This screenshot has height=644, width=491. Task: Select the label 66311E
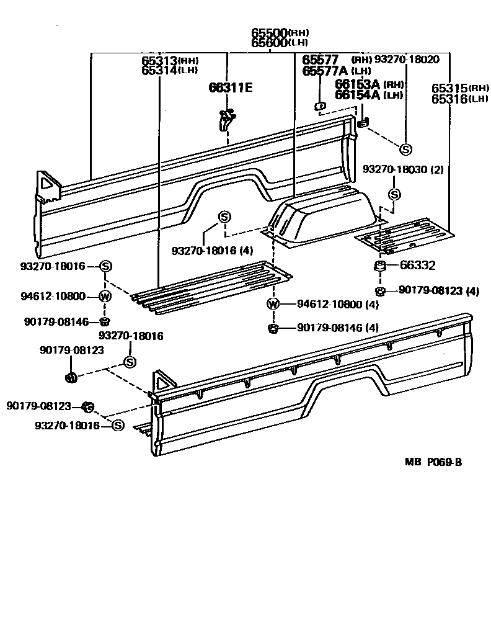(230, 87)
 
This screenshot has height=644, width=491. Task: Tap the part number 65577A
(324, 71)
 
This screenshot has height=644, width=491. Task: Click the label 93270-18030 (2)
(402, 169)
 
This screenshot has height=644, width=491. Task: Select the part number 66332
(417, 266)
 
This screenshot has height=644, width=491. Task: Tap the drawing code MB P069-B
(433, 462)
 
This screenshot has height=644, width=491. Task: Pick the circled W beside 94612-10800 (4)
(273, 304)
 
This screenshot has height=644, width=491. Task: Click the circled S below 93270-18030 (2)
(394, 195)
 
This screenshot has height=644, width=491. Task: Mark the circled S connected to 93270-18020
(405, 150)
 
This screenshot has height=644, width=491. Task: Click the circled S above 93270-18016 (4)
(224, 217)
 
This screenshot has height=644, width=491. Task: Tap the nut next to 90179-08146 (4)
(272, 328)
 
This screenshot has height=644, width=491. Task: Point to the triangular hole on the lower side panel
(162, 380)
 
